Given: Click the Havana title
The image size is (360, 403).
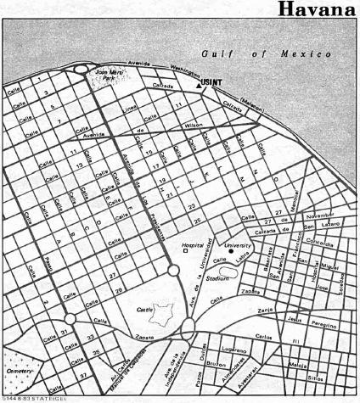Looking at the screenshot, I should pos(319,10).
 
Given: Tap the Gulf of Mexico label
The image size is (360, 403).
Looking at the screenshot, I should pos(266,54).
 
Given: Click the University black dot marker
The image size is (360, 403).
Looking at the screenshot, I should pos(230,253).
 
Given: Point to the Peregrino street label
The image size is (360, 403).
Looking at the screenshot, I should pos(327,323).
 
